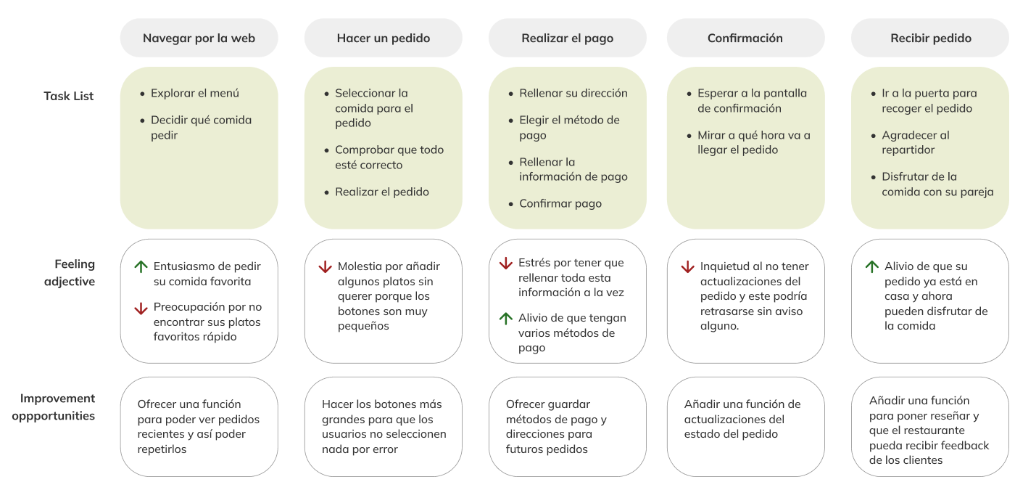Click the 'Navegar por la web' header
coord(199,38)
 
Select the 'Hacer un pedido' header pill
coord(383,38)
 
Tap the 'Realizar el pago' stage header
coord(567,38)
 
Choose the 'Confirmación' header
coord(745,38)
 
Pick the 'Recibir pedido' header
coord(930,38)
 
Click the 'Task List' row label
coord(69,96)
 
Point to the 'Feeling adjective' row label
coord(73,272)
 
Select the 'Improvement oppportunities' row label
coord(57,407)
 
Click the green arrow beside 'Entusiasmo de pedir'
coord(141,267)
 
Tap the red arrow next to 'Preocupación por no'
coord(141,308)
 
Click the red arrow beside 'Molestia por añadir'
coord(325,267)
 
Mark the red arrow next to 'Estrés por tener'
coord(506,264)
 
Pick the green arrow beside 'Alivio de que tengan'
coord(506,318)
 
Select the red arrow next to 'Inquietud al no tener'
coord(687,267)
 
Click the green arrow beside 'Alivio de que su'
coord(872,267)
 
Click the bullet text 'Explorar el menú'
coord(194,93)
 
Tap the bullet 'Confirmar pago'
coord(560,203)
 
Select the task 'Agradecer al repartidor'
coord(915,142)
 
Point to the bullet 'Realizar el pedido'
coord(381,192)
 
